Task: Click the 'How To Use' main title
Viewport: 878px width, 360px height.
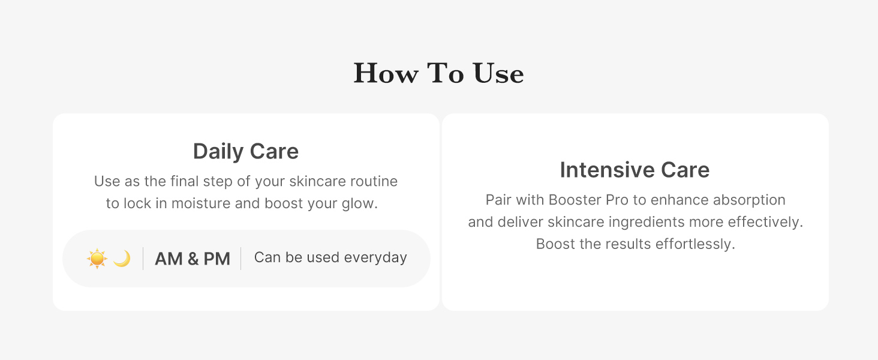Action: [x=438, y=73]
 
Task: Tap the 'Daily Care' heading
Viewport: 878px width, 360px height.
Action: [x=246, y=151]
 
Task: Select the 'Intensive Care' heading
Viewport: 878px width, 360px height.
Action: [x=635, y=170]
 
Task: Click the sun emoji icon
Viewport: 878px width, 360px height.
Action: [x=97, y=259]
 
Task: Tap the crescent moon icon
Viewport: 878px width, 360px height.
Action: [x=122, y=259]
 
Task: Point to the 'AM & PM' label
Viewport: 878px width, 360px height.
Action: [x=193, y=259]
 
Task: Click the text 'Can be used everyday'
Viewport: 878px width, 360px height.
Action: [x=330, y=257]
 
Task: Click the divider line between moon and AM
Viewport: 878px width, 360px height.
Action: [x=143, y=259]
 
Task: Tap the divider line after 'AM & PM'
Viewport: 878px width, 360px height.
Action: [x=240, y=259]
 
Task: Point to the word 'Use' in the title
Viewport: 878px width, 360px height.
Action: [x=498, y=73]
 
